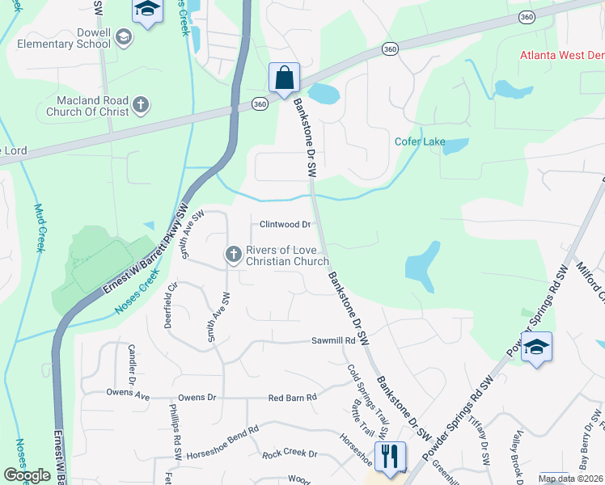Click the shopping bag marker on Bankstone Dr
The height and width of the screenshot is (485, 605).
(x=284, y=79)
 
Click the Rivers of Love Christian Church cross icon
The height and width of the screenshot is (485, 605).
(x=233, y=255)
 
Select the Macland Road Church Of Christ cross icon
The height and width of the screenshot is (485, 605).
(x=140, y=104)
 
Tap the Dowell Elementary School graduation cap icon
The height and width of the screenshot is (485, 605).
(x=123, y=36)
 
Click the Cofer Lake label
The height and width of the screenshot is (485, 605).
(x=420, y=141)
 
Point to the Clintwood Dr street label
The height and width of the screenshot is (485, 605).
(x=285, y=224)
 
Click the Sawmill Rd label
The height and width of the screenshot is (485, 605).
(x=334, y=342)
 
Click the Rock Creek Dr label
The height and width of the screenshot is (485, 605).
(x=290, y=453)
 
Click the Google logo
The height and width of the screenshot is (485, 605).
(x=27, y=475)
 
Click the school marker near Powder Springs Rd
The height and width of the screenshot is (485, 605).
(x=536, y=348)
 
